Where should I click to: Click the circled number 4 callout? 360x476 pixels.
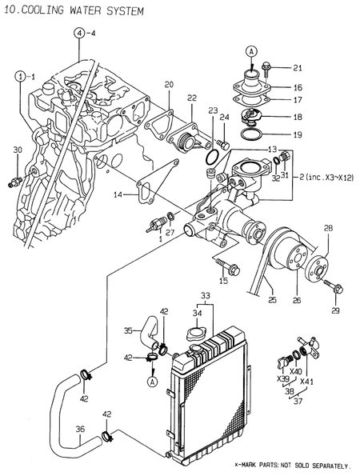(79, 33)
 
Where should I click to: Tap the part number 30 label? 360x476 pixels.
(18, 150)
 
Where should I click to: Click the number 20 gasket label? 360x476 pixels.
(169, 84)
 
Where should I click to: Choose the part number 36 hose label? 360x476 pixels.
(80, 429)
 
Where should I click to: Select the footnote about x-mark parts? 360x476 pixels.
(292, 465)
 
